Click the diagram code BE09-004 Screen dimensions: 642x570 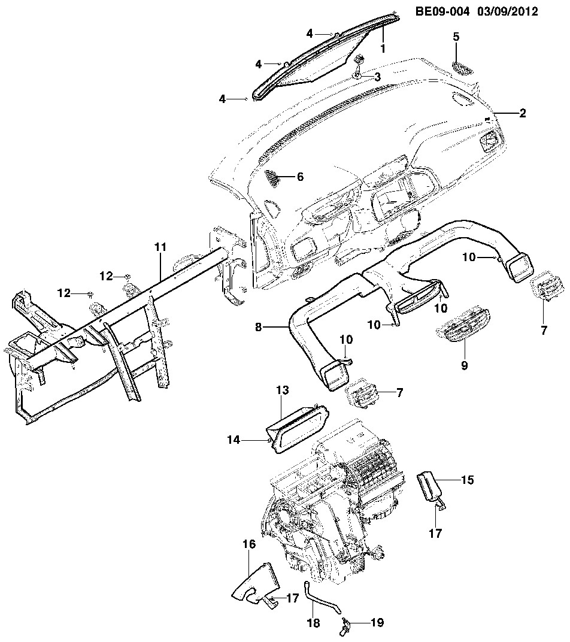(x=444, y=11)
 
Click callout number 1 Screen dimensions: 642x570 (x=383, y=47)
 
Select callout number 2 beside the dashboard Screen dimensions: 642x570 (x=522, y=113)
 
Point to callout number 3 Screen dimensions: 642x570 (x=378, y=77)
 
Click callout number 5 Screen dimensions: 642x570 (x=456, y=37)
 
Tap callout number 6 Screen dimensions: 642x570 (x=301, y=177)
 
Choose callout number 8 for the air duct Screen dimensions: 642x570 (x=259, y=327)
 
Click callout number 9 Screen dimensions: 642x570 (x=464, y=365)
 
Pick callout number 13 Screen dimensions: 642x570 (x=283, y=391)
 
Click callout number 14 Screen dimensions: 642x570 (x=233, y=440)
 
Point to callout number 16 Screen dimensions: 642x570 (x=249, y=544)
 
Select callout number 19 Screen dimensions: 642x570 (x=377, y=623)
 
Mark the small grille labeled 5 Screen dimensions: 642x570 (x=462, y=67)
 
